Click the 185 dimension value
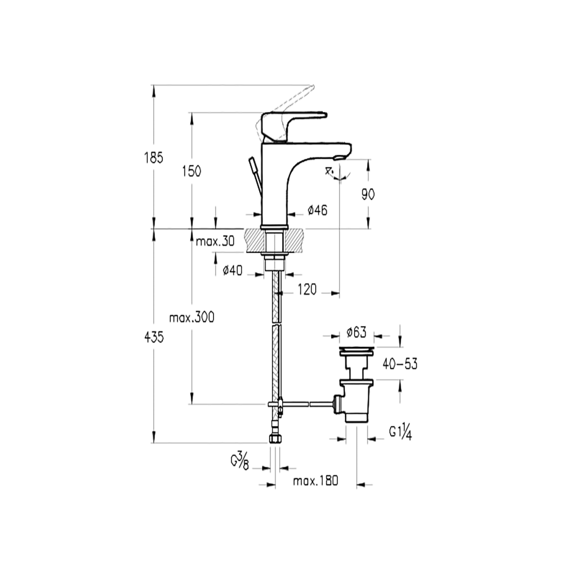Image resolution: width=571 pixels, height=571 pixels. [x=154, y=157]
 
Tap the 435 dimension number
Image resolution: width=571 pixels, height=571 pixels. [x=154, y=337]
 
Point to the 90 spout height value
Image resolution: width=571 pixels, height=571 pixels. [x=368, y=194]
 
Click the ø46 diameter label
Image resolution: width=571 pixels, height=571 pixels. [x=317, y=211]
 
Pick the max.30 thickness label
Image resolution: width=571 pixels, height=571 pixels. [x=215, y=242]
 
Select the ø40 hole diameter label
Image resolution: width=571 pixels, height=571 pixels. [x=232, y=271]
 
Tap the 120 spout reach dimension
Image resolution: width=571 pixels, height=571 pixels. [x=307, y=290]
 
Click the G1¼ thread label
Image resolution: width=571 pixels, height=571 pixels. [x=401, y=432]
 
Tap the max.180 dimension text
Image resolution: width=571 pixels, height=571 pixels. [x=316, y=481]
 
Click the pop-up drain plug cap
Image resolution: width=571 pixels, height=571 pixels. [x=356, y=349]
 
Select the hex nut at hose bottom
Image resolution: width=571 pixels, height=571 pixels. [x=275, y=439]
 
